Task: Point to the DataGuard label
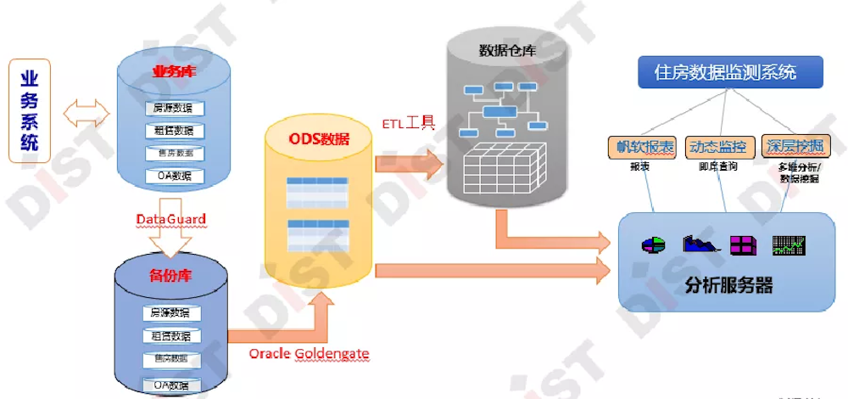171,219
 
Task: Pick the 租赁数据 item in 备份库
172,335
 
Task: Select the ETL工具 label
408,123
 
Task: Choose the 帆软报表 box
641,146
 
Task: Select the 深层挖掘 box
793,146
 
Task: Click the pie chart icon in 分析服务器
652,244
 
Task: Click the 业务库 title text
174,71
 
